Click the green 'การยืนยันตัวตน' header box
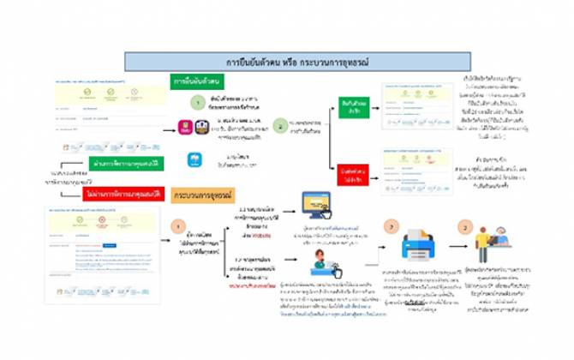tap(195, 81)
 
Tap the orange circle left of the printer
tap(392, 229)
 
